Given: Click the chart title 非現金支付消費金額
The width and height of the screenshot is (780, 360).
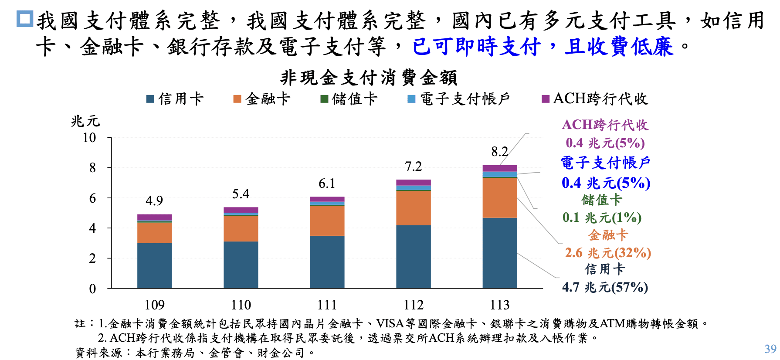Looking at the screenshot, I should coord(369,78).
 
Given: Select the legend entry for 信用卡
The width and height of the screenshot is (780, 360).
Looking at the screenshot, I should coord(176,99).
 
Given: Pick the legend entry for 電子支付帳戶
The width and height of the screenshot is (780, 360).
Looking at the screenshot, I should coord(459,99).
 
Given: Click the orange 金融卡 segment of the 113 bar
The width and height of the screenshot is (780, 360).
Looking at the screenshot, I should coord(500,198).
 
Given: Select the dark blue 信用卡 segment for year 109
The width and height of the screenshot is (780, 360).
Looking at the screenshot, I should coord(154,265).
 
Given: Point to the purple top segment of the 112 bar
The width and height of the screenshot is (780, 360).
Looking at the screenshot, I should coord(413,182).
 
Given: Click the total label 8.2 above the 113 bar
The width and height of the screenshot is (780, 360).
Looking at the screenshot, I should coord(499,152).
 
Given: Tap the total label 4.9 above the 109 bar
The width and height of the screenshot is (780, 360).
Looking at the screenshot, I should coord(154,201).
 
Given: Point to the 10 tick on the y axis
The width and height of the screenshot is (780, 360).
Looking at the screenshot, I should coord(89,138).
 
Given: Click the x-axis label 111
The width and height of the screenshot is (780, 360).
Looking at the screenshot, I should coord(327,305).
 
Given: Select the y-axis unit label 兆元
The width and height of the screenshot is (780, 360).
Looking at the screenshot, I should coord(85,121).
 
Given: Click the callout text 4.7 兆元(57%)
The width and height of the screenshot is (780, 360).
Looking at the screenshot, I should coord(605,287).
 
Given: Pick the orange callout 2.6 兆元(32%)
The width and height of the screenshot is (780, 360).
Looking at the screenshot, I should coord(608,253).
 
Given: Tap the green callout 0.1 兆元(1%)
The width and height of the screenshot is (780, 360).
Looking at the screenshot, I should coord(602,217).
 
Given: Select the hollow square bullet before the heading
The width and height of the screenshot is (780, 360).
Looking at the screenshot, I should coord(25,19).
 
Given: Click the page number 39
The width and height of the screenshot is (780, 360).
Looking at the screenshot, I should coord(770,349).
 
